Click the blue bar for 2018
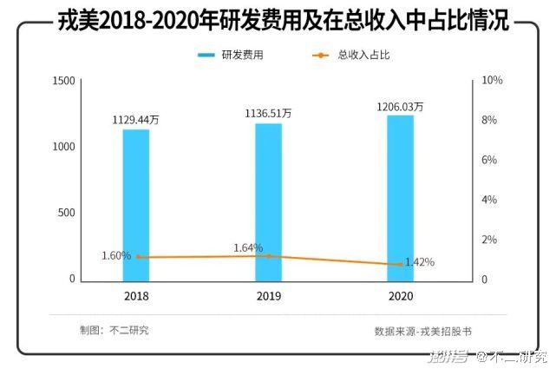pos(135,205)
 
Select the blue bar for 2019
pos(268,202)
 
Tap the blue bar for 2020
pos(400,198)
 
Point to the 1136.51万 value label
pos(268,113)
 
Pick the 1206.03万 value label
pos(400,107)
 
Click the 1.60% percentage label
pos(116,256)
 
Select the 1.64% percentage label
pos(248,248)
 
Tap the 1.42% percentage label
pos(420,262)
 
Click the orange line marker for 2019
pos(268,256)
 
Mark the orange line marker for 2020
pos(400,265)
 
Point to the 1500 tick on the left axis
pos(64,81)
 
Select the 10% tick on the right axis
pos(492,81)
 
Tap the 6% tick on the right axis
pos(489,161)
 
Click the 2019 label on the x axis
pos(268,296)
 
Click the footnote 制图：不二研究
pos(114,331)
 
